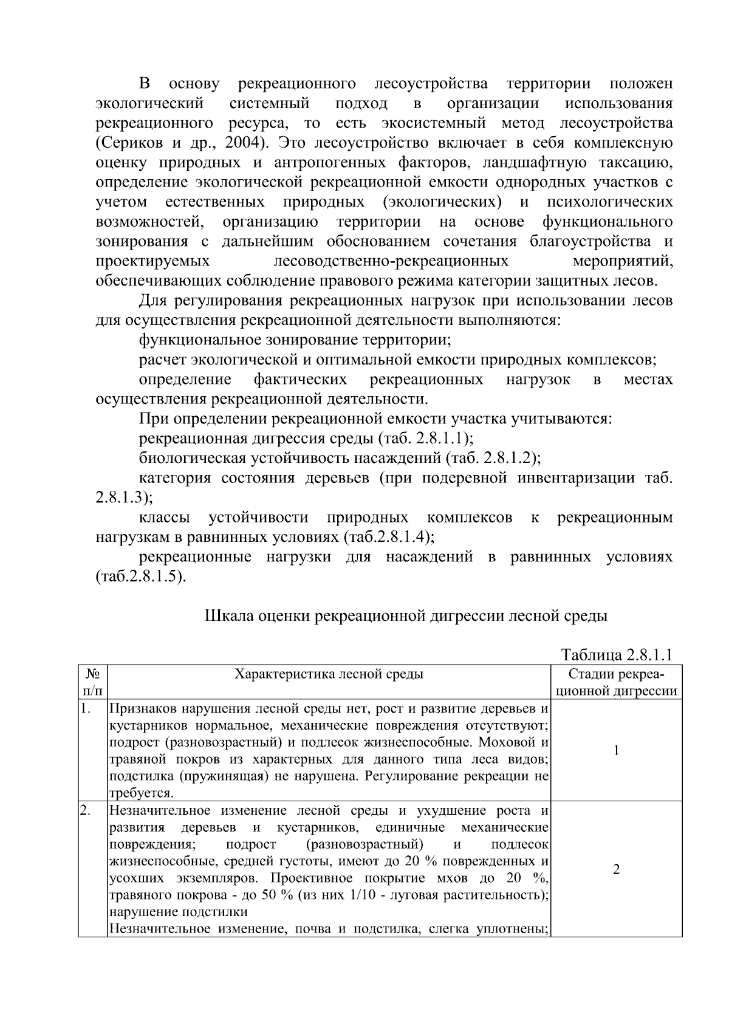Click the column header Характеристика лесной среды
click(x=329, y=674)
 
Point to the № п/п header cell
click(x=92, y=682)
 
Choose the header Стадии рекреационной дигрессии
click(x=616, y=682)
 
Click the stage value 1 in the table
click(x=616, y=750)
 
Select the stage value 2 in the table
click(x=616, y=869)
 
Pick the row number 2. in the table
click(x=86, y=810)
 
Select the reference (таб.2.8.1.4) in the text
click(x=389, y=537)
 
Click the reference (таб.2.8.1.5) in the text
click(x=140, y=576)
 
